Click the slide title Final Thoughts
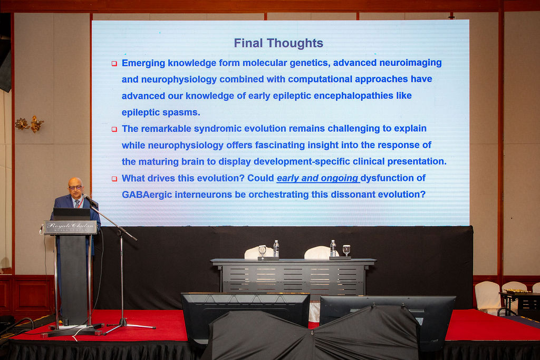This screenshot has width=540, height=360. click(x=278, y=43)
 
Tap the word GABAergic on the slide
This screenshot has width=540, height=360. click(x=147, y=194)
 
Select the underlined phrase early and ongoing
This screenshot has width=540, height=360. click(x=318, y=178)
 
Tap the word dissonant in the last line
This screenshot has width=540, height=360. click(x=348, y=194)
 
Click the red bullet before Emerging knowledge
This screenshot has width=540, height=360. click(x=114, y=64)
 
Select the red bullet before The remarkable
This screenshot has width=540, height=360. click(x=114, y=130)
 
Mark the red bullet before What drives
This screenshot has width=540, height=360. click(x=114, y=179)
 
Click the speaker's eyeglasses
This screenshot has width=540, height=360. click(x=75, y=188)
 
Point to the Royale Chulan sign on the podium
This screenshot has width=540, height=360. click(x=70, y=227)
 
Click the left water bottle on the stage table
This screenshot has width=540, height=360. click(x=276, y=249)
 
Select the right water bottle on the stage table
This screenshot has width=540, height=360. click(x=333, y=248)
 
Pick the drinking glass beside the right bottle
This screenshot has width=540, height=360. click(x=346, y=250)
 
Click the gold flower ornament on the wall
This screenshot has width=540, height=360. click(x=30, y=124)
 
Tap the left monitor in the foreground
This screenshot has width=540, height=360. click(x=245, y=318)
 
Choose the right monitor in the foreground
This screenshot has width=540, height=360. click(x=387, y=320)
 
